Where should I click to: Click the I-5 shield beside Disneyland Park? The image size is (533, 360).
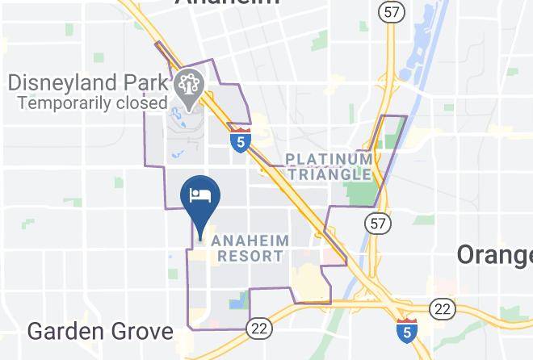click(x=239, y=140)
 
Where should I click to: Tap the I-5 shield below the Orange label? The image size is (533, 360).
click(x=407, y=329)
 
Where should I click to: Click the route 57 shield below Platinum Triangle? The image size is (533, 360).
click(x=376, y=221)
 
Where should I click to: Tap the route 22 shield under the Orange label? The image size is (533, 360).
click(x=442, y=307)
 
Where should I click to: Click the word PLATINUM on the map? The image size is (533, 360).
click(x=329, y=158)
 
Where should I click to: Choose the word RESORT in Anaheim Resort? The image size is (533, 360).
click(x=251, y=257)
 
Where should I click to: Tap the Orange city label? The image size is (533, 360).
click(x=494, y=255)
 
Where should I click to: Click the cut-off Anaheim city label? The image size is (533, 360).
click(x=227, y=2)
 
